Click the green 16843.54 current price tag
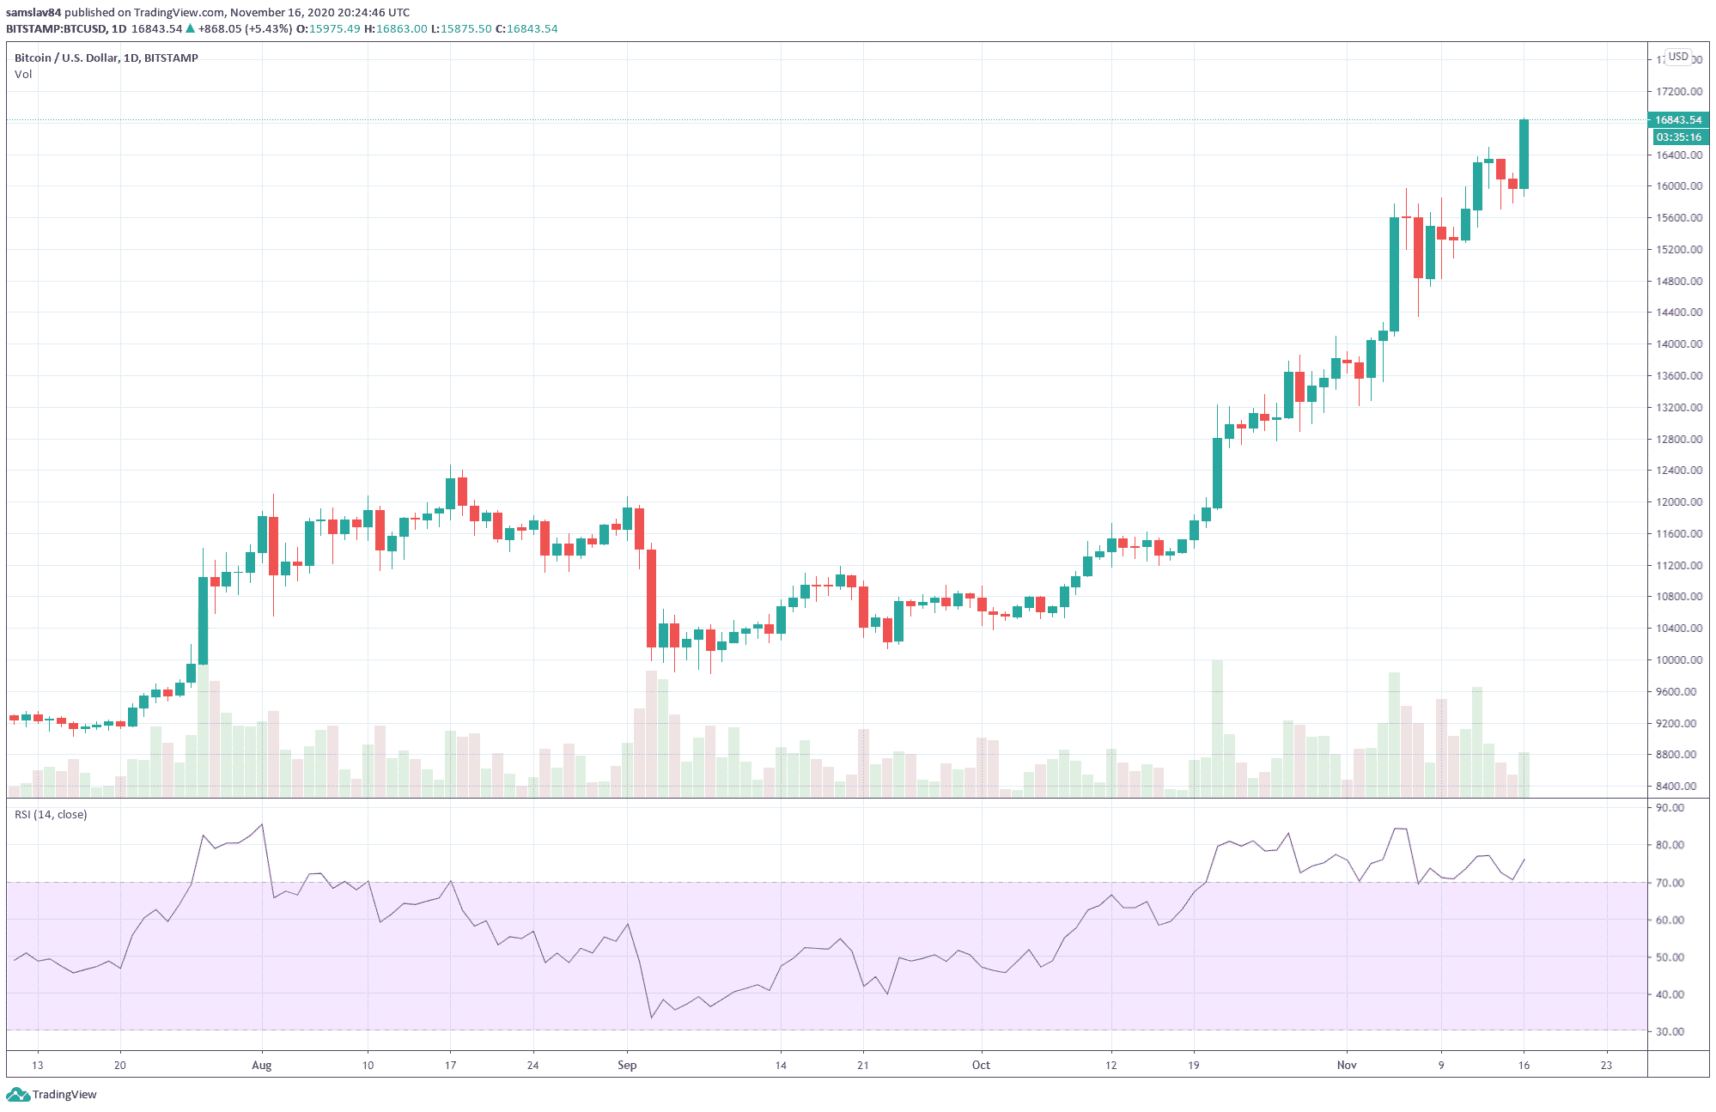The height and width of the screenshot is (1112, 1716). pos(1677,120)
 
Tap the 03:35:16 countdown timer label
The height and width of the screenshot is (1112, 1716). pos(1677,137)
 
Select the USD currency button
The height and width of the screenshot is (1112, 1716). pos(1678,57)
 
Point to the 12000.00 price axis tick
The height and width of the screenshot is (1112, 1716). pos(1679,501)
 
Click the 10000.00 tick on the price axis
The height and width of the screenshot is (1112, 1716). pos(1679,659)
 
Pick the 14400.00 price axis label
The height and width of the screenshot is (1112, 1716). pos(1679,312)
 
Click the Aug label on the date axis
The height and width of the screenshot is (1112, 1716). pos(262,1065)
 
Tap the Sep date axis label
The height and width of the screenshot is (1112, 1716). pos(627,1065)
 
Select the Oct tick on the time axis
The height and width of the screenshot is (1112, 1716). pos(981,1065)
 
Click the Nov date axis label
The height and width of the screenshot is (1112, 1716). pos(1347,1065)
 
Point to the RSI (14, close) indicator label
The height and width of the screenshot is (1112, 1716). pos(51,814)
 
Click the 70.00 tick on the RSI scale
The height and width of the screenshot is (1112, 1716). pos(1670,883)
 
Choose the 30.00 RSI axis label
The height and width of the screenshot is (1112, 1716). pos(1670,1031)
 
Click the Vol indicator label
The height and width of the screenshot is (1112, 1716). pos(23,74)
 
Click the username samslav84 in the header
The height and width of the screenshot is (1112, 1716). pos(33,12)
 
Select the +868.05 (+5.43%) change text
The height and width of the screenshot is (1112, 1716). pos(245,28)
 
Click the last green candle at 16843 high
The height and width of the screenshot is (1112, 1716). pos(1524,155)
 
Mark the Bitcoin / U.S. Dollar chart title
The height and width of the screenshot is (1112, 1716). pos(106,58)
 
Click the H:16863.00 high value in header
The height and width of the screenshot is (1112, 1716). pos(396,28)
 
